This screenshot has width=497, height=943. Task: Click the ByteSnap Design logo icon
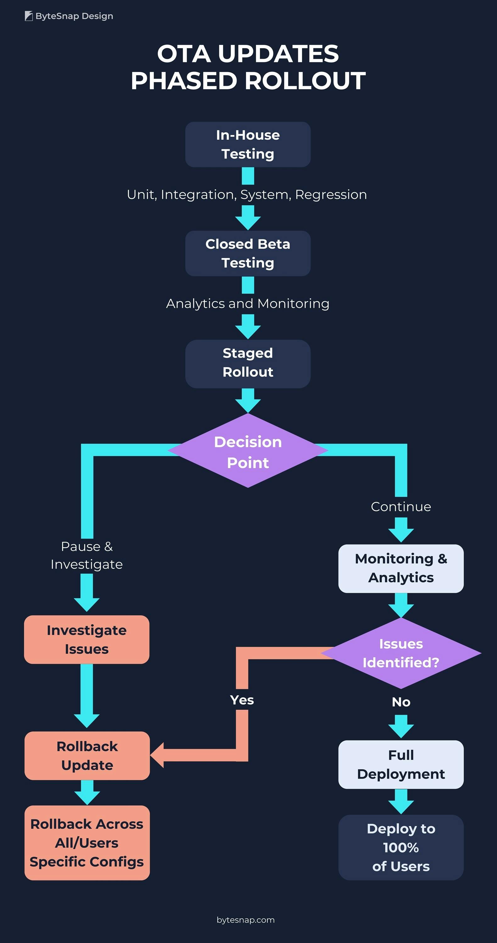click(29, 16)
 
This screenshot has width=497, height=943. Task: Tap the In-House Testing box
click(248, 145)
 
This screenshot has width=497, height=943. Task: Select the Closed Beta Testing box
click(248, 253)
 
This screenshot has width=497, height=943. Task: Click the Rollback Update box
click(87, 756)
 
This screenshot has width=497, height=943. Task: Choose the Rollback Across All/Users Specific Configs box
click(87, 843)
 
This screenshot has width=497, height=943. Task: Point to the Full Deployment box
click(401, 764)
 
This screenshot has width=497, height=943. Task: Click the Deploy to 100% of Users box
click(401, 847)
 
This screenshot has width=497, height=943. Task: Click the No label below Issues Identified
click(401, 702)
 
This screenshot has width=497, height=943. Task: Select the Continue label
click(401, 507)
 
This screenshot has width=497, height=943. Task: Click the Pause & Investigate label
click(87, 555)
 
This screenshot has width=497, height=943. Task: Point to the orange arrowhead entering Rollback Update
click(158, 756)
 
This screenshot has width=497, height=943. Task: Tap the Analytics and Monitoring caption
click(248, 303)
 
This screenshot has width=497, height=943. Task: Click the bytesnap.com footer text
click(245, 920)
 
